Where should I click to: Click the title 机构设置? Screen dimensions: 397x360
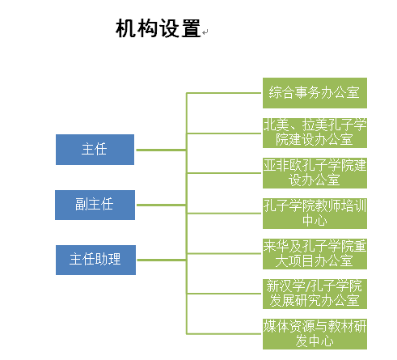[158, 28]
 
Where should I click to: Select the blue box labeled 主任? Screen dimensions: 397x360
[95, 150]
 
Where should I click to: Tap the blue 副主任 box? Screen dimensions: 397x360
[95, 205]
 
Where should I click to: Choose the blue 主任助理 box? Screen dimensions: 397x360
[95, 260]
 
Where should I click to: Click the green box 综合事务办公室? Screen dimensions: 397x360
[315, 93]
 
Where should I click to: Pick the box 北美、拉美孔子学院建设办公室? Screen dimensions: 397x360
[315, 133]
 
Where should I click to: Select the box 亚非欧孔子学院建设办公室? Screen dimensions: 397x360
[315, 173]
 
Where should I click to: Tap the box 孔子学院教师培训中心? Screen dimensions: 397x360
[315, 214]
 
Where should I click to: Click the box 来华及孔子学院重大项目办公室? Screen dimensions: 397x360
[315, 254]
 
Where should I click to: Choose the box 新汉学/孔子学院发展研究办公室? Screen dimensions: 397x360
[315, 294]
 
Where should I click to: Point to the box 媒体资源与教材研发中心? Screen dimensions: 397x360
[315, 334]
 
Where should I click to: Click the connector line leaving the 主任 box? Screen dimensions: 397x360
[161, 150]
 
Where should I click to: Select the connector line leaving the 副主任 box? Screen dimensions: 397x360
[161, 205]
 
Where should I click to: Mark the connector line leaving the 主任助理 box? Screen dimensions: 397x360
[162, 260]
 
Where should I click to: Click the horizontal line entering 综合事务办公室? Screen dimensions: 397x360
[224, 93]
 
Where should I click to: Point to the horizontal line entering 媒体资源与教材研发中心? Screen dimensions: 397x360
[224, 334]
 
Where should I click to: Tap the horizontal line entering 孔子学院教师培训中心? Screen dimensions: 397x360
[224, 214]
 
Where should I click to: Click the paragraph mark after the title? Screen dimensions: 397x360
[205, 32]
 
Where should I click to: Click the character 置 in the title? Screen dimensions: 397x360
[191, 28]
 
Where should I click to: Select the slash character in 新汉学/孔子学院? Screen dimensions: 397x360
[308, 286]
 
